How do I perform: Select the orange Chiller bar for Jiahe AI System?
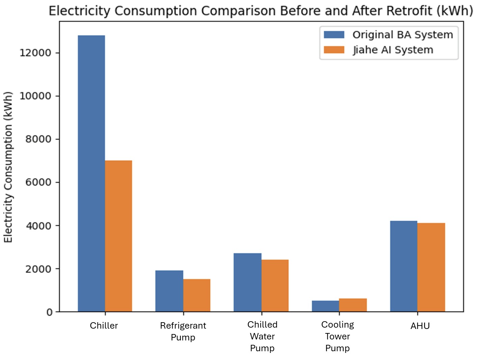(118, 236)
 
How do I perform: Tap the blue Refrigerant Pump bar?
(169, 291)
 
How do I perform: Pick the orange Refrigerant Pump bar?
(197, 295)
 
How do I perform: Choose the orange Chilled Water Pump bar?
(275, 285)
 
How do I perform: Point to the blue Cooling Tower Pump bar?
(326, 306)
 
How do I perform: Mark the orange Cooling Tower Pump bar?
(353, 305)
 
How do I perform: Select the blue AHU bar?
(404, 266)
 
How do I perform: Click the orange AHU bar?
(431, 267)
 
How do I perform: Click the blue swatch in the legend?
(334, 35)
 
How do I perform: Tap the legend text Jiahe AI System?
(393, 50)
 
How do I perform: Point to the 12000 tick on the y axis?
(35, 53)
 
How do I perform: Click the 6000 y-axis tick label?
(38, 182)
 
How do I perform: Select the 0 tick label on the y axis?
(49, 312)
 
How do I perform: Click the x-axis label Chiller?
(104, 326)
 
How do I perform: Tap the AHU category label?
(420, 326)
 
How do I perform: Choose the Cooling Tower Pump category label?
(338, 336)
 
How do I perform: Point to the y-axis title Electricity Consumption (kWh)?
(8, 167)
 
